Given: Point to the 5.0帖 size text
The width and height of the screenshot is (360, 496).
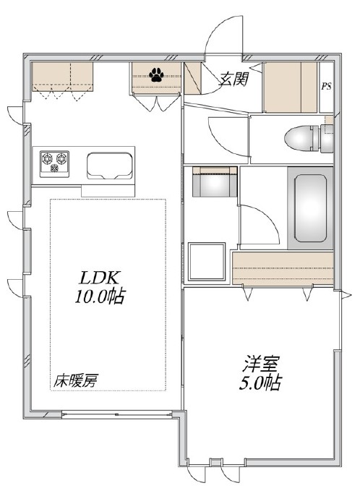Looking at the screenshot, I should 260,382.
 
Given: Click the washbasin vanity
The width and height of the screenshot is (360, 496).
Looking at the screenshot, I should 214,181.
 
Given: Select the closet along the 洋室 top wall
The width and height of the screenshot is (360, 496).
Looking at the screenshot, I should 283,268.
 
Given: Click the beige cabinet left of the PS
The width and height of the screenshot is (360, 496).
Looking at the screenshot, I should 290,86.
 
